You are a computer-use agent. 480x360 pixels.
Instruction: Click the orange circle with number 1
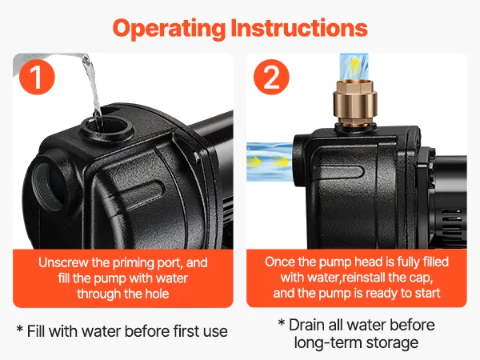[37, 77]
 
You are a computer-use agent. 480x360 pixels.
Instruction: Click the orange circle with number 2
[271, 77]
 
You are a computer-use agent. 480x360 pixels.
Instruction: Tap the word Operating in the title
[169, 29]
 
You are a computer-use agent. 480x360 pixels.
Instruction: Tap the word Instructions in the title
[299, 27]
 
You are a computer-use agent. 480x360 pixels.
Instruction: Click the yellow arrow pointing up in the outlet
[354, 66]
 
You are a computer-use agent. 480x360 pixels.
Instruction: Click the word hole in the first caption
[157, 294]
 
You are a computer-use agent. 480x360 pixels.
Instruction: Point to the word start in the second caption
[427, 293]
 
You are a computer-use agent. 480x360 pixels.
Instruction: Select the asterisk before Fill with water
[20, 329]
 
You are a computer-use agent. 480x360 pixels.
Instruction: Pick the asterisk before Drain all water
[282, 322]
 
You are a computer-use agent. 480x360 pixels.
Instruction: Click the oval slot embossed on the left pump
[140, 190]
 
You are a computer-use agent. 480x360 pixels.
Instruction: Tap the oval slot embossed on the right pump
[341, 172]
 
